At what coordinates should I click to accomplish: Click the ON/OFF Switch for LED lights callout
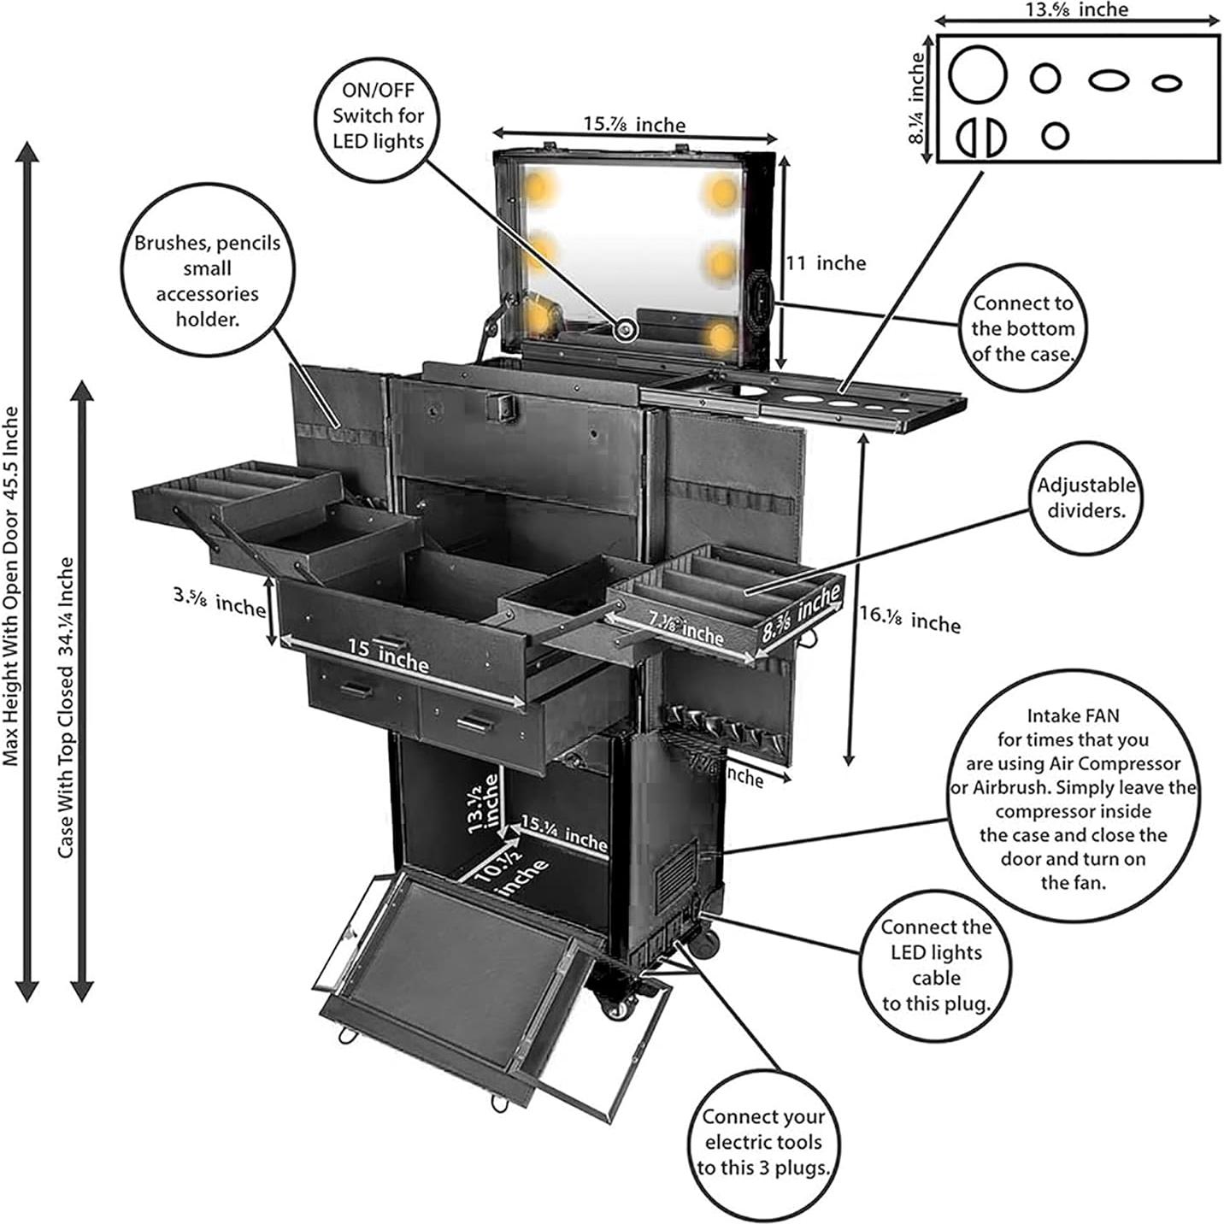coord(377,115)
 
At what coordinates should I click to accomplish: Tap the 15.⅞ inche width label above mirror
coord(634,125)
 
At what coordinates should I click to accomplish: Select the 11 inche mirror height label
coord(826,263)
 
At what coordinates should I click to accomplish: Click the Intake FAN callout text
coord(1073,798)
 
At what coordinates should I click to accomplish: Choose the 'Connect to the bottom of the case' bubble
coord(1022,328)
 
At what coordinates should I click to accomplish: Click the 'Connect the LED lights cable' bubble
coord(936,965)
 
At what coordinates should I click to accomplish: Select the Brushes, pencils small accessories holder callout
coord(207,280)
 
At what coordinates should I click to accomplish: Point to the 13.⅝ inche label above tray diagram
coord(1076,10)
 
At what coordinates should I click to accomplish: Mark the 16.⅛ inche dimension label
coord(909,619)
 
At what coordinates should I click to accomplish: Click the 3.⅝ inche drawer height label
coord(220,602)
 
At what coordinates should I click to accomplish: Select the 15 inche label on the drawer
coord(389,656)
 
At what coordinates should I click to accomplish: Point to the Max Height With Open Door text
coord(11,586)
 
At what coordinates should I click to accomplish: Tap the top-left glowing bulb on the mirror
coord(539,186)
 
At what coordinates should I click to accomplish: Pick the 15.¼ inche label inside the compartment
coord(564,833)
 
